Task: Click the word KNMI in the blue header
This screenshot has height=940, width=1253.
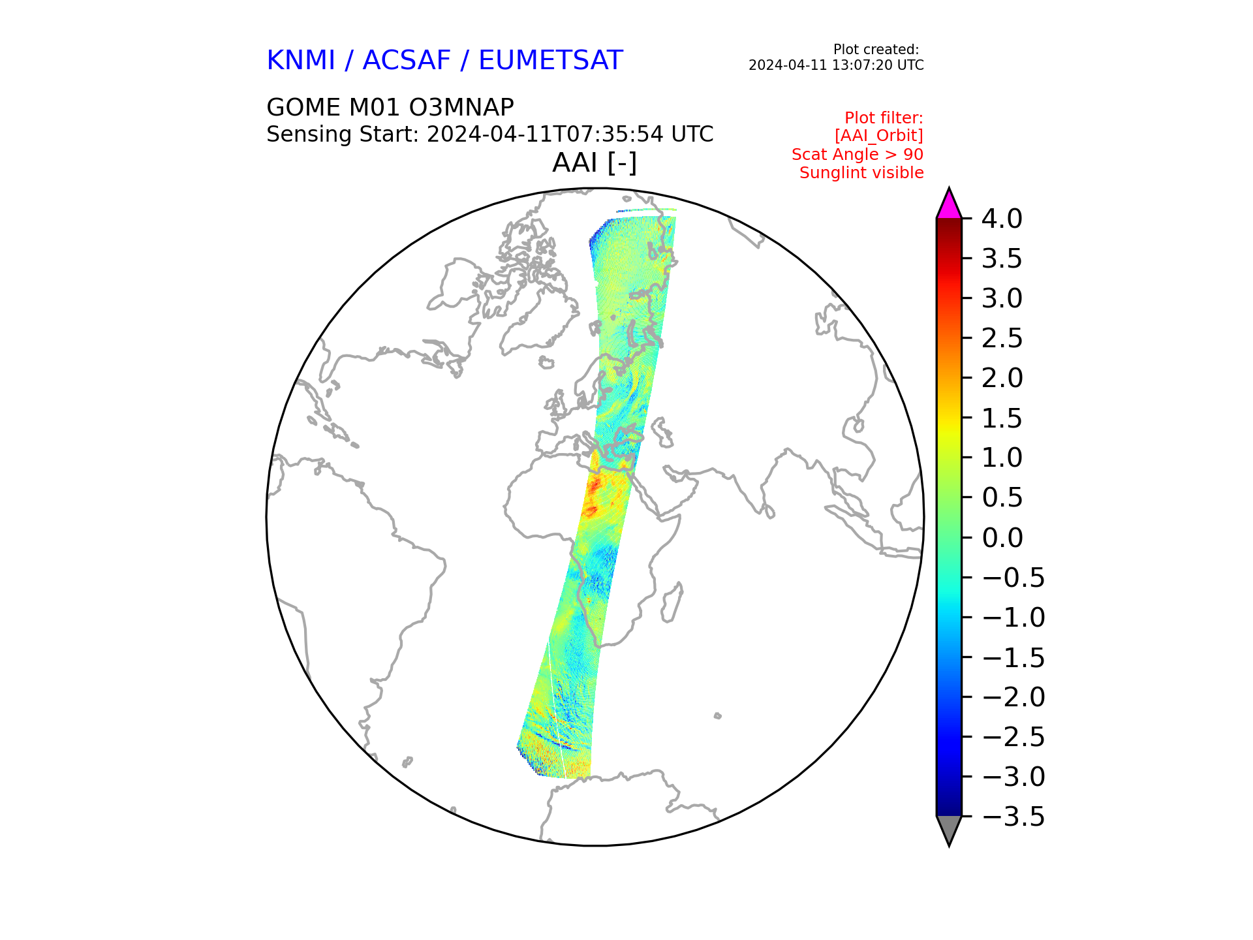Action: [301, 61]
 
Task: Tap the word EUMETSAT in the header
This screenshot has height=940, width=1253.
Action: [551, 61]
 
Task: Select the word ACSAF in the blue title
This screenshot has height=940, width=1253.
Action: [407, 61]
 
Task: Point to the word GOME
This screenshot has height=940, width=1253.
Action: [303, 107]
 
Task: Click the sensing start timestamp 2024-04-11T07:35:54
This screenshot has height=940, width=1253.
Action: [546, 134]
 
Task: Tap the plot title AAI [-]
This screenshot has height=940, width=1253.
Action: [595, 163]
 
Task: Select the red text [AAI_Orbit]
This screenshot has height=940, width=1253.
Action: [878, 136]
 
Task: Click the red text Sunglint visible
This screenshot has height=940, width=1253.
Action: [861, 173]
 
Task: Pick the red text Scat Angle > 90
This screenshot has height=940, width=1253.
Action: [858, 155]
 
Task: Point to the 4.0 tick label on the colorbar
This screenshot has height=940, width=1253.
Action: [1002, 219]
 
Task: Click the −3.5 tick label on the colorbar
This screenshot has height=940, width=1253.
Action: [1013, 817]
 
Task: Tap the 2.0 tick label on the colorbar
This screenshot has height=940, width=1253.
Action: [1002, 379]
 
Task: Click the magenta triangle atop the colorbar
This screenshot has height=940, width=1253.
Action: [949, 206]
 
